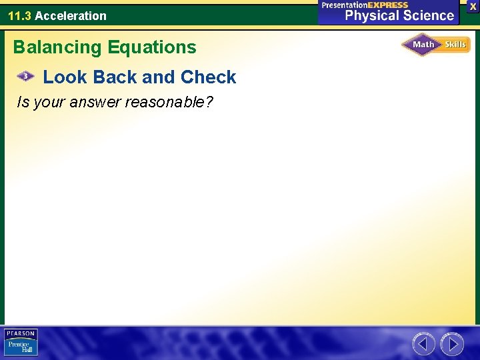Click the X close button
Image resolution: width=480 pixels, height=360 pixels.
pos(473,6)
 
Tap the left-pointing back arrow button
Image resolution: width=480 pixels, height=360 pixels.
pos(423,344)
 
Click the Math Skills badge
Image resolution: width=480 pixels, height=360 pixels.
pos(435,45)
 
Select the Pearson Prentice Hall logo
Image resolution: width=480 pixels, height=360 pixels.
pos(21,343)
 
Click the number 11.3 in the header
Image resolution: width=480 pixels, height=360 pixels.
pos(19,15)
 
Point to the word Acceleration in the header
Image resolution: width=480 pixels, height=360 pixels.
pos(71,15)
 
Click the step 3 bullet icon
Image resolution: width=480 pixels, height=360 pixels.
pos(25,77)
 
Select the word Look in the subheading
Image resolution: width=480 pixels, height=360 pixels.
pos(65,77)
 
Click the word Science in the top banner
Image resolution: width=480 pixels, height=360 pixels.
pos(428,15)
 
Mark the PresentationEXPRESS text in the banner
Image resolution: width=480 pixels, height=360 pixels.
pos(365,5)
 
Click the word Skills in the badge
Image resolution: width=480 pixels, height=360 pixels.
pos(455,45)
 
